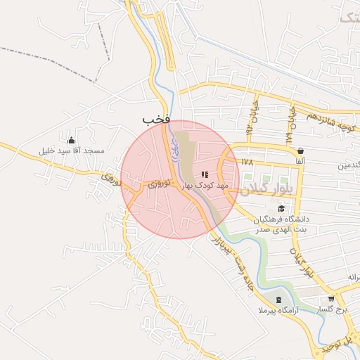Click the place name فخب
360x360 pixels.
(x=156, y=120)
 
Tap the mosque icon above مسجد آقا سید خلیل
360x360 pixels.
(x=70, y=139)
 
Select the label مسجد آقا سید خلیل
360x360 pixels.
(x=72, y=151)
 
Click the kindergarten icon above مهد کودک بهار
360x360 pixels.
(x=205, y=174)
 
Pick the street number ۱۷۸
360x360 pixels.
(x=246, y=162)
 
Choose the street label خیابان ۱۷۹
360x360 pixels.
(x=290, y=127)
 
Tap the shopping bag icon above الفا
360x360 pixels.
(x=300, y=150)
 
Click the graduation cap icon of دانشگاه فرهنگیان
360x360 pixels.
(x=282, y=208)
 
